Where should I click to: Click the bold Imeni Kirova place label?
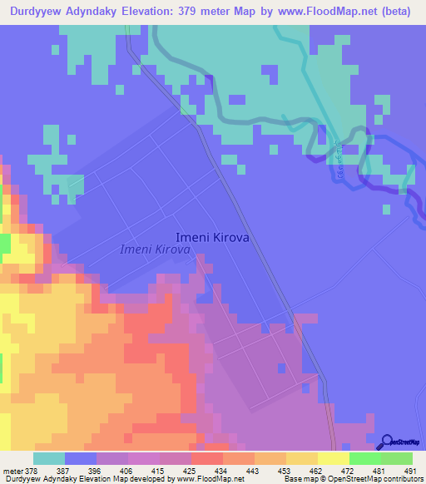click(212, 236)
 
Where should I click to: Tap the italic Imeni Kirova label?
click(156, 249)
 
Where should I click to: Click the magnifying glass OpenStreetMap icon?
click(386, 442)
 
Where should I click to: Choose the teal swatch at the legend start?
click(49, 458)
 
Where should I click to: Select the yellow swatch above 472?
click(334, 458)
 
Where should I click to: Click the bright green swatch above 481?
click(365, 458)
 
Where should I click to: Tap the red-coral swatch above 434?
click(207, 458)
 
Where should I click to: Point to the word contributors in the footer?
click(401, 479)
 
